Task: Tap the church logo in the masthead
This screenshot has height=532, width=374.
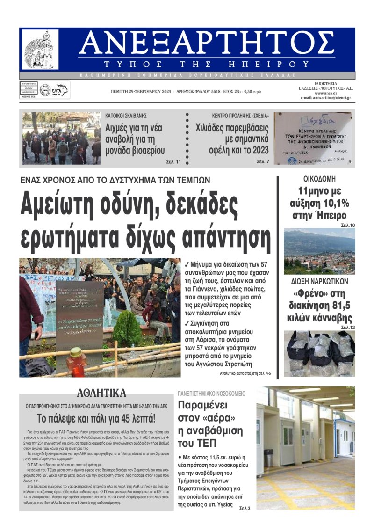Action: pos(41,50)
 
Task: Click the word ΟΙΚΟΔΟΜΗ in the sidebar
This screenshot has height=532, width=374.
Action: pos(319,179)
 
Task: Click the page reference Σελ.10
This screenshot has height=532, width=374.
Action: pos(348,226)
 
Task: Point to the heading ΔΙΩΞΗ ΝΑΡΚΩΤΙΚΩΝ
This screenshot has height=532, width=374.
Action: pos(319,281)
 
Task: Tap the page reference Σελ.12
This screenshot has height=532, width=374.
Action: pos(348,327)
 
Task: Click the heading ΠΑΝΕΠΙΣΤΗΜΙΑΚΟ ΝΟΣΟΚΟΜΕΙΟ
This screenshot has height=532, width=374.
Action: pos(211,394)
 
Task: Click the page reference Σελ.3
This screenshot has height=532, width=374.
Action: pos(245,508)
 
